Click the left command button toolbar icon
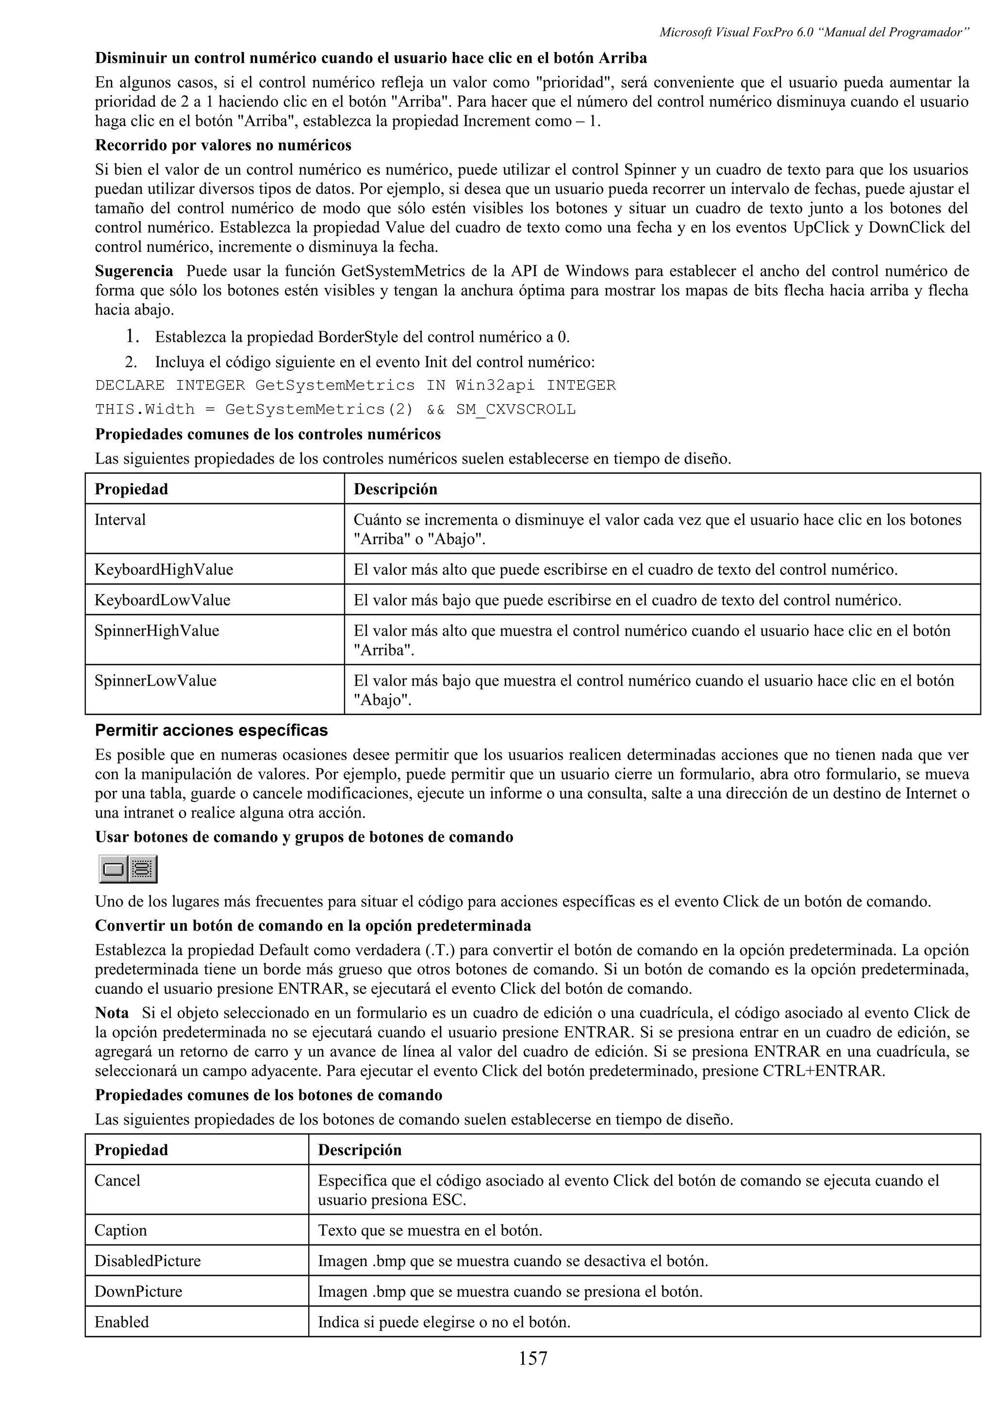(113, 869)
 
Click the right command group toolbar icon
(143, 869)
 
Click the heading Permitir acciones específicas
(211, 731)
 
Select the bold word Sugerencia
(133, 271)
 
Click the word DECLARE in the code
(129, 385)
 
